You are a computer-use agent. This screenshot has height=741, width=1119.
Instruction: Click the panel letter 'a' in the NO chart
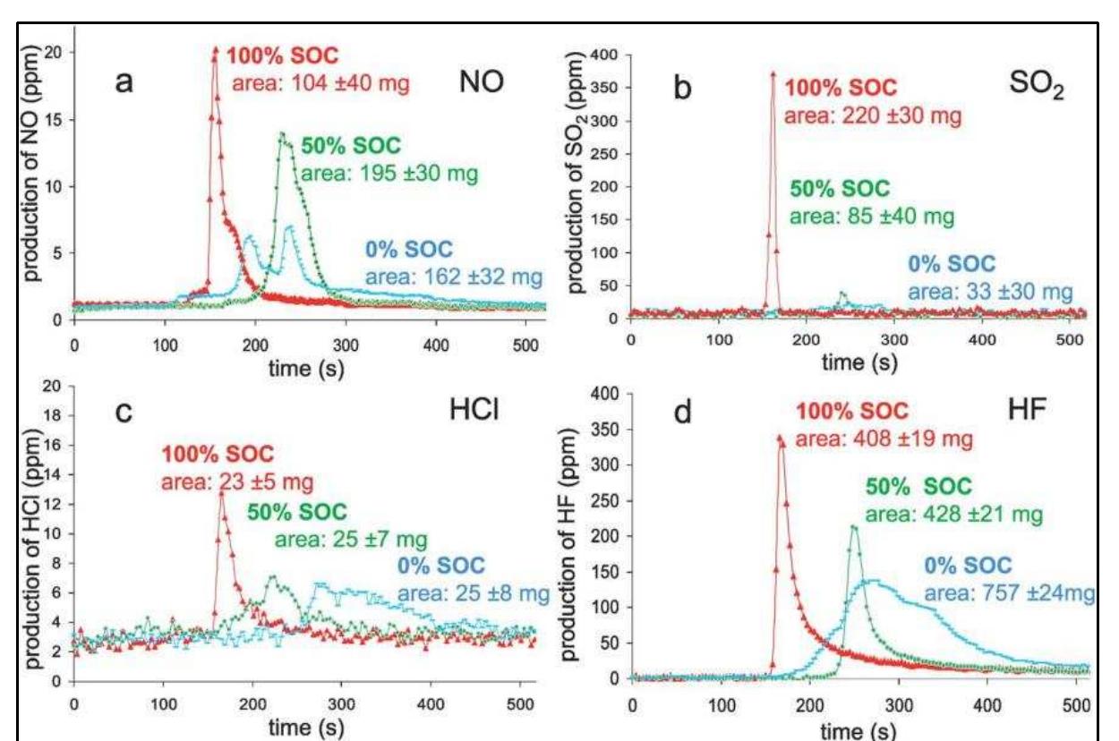click(124, 82)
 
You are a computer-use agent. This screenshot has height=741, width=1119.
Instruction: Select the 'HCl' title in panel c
click(474, 410)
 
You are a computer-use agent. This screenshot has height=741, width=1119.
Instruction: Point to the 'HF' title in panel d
click(1027, 411)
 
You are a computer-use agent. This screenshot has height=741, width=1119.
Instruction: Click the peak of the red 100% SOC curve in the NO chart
click(216, 49)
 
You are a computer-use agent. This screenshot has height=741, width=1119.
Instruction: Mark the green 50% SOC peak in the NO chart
click(282, 133)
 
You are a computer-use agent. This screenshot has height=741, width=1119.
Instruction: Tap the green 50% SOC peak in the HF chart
click(854, 527)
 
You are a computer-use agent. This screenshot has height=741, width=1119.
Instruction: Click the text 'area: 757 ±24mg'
click(1009, 593)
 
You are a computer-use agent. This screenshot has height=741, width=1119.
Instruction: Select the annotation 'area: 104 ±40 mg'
click(320, 83)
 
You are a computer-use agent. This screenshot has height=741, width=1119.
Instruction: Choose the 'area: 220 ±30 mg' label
click(873, 116)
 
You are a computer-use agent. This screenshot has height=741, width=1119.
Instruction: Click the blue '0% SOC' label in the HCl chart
click(441, 566)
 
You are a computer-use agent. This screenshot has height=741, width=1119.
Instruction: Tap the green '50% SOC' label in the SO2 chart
click(840, 189)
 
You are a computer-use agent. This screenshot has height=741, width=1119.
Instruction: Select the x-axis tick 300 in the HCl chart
click(341, 704)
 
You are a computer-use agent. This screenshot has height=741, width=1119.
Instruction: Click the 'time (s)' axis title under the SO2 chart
click(859, 363)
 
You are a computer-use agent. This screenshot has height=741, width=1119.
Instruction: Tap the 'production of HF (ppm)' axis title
click(569, 544)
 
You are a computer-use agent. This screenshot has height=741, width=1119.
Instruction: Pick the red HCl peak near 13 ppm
click(221, 493)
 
